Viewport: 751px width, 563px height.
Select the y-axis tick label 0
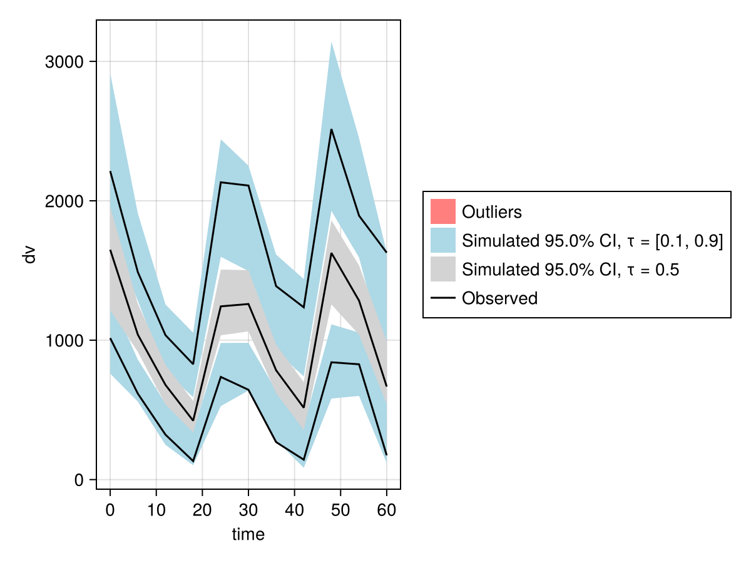pyautogui.click(x=79, y=480)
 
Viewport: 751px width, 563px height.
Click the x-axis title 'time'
pyautogui.click(x=248, y=534)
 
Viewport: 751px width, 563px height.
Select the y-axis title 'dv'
pyautogui.click(x=29, y=255)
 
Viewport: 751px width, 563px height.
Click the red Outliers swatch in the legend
pyautogui.click(x=442, y=211)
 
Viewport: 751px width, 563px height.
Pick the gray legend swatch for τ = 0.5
pyautogui.click(x=442, y=270)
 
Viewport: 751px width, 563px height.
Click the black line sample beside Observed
pyautogui.click(x=442, y=298)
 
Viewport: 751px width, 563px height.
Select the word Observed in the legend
pyautogui.click(x=499, y=298)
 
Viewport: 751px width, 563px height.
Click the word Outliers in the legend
pyautogui.click(x=491, y=212)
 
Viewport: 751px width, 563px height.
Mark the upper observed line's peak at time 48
pyautogui.click(x=331, y=129)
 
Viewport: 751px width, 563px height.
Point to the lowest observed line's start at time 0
pyautogui.click(x=110, y=338)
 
